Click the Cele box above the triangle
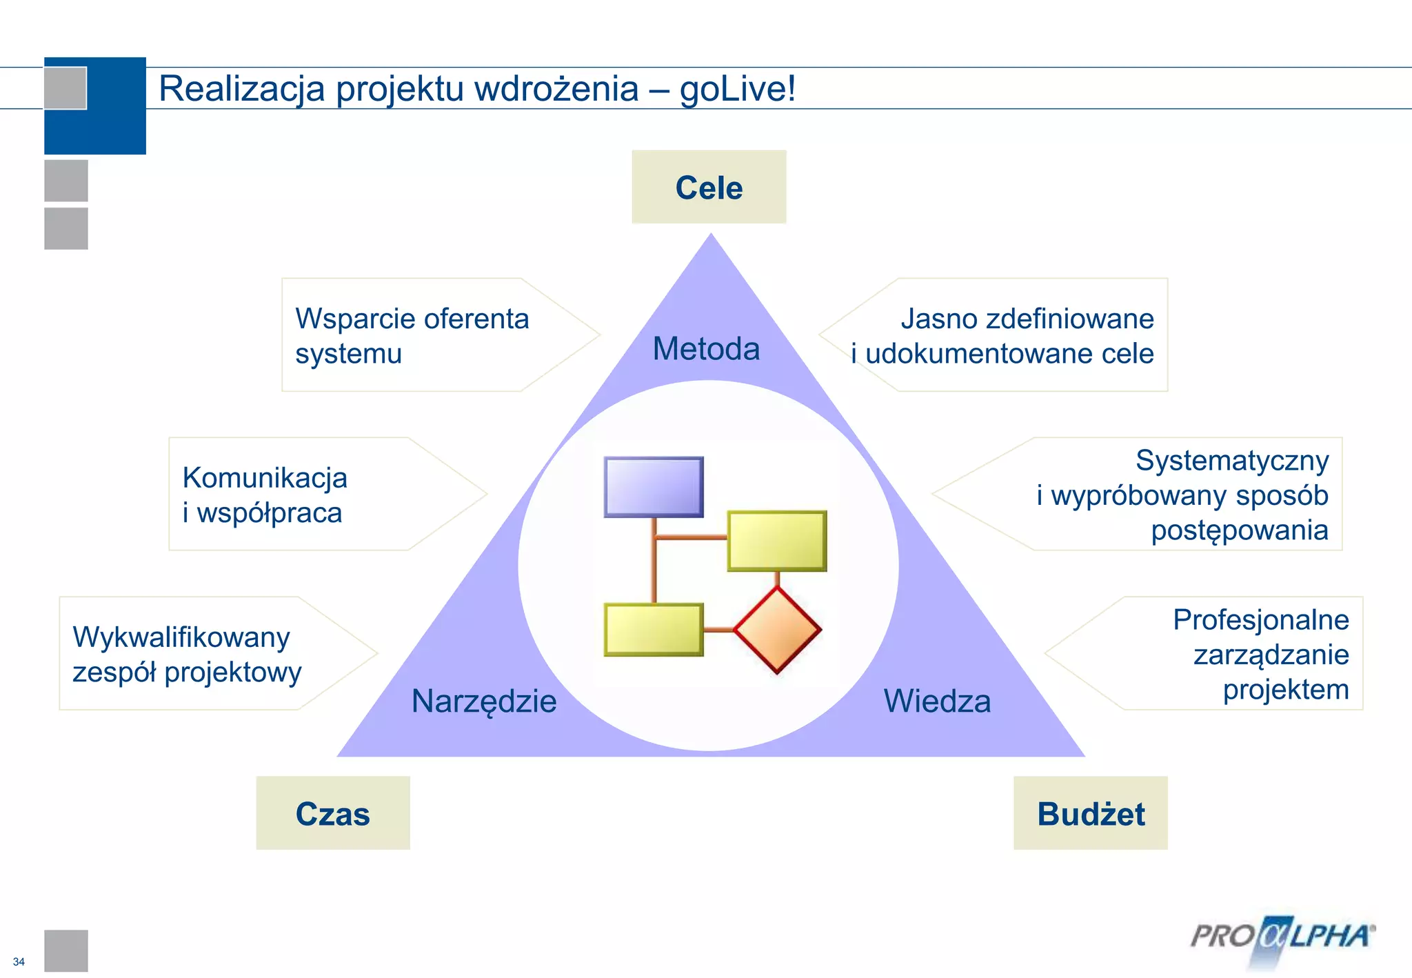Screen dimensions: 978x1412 pyautogui.click(x=709, y=187)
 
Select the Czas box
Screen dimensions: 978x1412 pyautogui.click(x=332, y=813)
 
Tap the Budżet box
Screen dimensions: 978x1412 pyautogui.click(x=1090, y=813)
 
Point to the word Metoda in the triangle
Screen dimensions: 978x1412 pyautogui.click(x=706, y=348)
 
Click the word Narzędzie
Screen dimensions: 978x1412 pyautogui.click(x=484, y=701)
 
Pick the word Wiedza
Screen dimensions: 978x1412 pyautogui.click(x=937, y=701)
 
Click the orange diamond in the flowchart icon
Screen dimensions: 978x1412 pyautogui.click(x=777, y=629)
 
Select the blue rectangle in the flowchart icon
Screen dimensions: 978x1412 pyautogui.click(x=654, y=486)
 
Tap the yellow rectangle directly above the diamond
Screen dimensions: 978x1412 pyautogui.click(x=777, y=540)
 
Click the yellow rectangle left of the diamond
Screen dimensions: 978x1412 pyautogui.click(x=654, y=629)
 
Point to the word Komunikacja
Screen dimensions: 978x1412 pyautogui.click(x=265, y=477)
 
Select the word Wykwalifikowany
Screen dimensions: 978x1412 pyautogui.click(x=181, y=637)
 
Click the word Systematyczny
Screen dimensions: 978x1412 pyautogui.click(x=1232, y=460)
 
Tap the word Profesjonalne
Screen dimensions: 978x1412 pyautogui.click(x=1261, y=619)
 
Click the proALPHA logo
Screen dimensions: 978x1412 pyautogui.click(x=1282, y=937)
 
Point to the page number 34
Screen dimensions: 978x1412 pyautogui.click(x=19, y=961)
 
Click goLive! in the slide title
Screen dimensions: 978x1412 pyautogui.click(x=737, y=89)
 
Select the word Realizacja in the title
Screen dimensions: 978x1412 pyautogui.click(x=241, y=89)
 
